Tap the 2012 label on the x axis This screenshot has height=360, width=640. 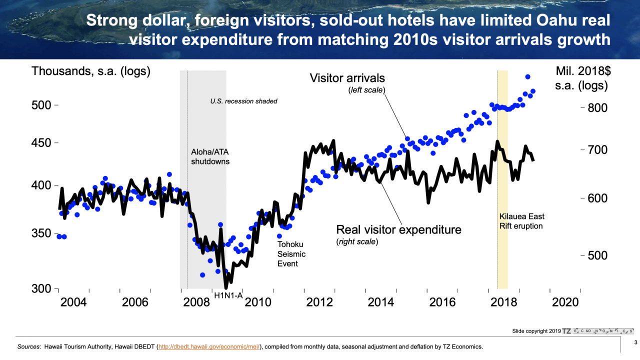(319, 302)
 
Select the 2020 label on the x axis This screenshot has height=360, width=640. (564, 302)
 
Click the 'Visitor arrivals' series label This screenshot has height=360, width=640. (347, 78)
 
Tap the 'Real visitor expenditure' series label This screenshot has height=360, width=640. (398, 229)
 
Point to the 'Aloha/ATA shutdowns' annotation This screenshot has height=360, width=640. (210, 156)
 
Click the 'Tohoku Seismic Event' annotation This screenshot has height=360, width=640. (291, 254)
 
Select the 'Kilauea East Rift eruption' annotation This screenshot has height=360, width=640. (521, 221)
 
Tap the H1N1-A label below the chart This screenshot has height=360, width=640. (228, 295)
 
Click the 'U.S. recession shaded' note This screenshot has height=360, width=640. (243, 101)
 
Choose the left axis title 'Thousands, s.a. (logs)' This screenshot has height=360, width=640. (91, 71)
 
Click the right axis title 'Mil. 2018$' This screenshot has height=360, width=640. (582, 71)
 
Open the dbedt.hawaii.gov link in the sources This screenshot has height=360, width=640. (209, 346)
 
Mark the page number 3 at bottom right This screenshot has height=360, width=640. (635, 342)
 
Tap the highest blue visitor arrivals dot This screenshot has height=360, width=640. (527, 77)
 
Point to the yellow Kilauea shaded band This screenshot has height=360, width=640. (503, 180)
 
